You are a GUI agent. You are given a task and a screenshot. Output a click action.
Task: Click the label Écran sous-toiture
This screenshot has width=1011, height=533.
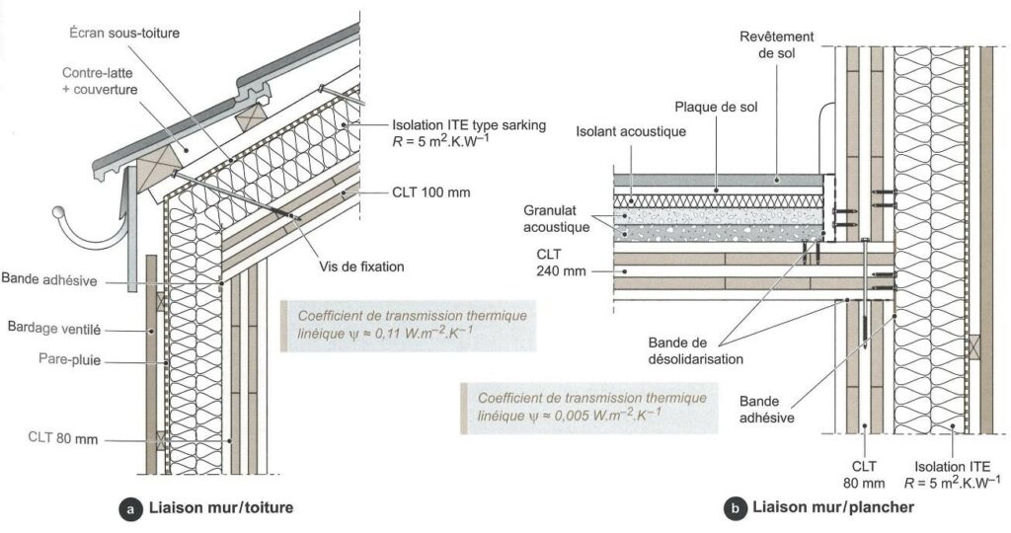[124, 32]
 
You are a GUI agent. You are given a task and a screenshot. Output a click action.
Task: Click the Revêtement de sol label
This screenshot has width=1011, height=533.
[777, 44]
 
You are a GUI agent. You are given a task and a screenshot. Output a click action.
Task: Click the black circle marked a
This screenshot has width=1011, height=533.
[128, 509]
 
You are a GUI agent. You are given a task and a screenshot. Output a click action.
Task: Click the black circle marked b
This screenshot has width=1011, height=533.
[734, 509]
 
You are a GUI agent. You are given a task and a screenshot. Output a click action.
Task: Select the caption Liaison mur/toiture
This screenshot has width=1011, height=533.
[219, 509]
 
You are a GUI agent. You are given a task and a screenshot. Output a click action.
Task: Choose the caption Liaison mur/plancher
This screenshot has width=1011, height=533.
[832, 509]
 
